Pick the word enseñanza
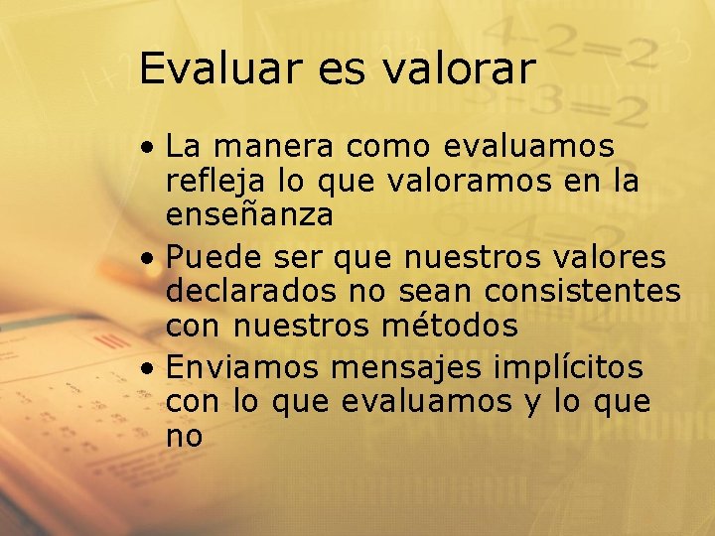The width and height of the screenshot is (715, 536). coord(249,214)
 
